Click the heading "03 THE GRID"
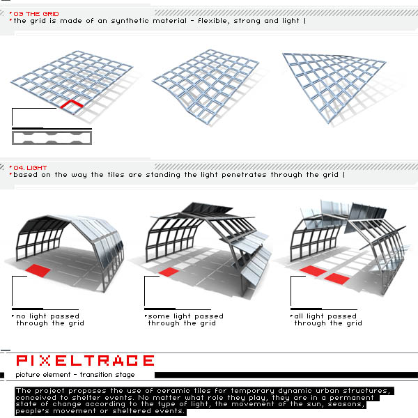(36, 14)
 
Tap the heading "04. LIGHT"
(30, 168)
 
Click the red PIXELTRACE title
(85, 361)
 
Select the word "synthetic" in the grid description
(130, 21)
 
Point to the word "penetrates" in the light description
(244, 175)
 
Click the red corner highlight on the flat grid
(72, 104)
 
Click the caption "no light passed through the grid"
(50, 320)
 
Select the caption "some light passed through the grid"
(185, 320)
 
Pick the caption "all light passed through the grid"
(328, 320)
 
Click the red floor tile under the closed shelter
(38, 270)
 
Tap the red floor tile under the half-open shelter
(169, 272)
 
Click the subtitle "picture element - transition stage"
(75, 375)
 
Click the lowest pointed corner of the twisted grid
(329, 123)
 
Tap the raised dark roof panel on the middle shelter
(207, 208)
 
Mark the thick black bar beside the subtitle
(286, 375)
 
